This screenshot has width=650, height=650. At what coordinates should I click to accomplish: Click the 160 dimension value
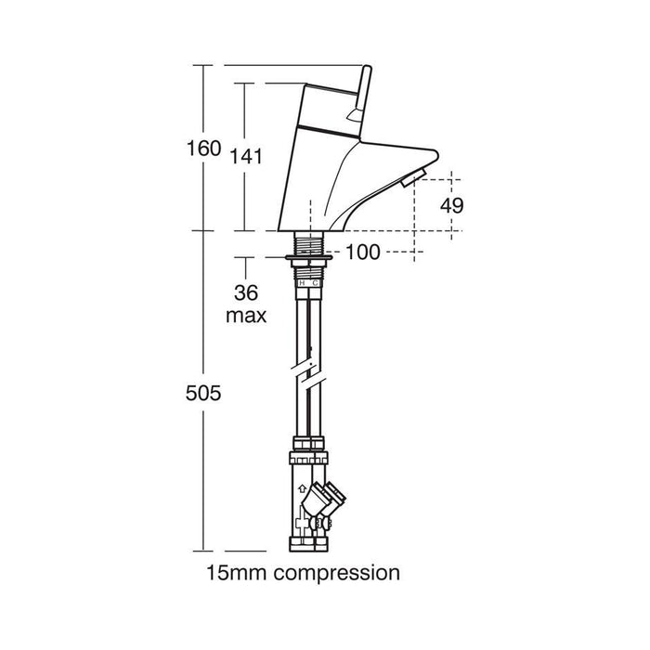204,148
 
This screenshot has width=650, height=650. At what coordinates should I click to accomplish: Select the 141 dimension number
246,156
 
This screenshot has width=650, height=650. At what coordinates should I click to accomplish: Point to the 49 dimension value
452,205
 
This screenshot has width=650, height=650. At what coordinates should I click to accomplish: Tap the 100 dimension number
362,252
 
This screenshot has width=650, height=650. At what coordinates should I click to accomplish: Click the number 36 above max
246,292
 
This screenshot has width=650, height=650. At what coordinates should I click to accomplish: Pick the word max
246,316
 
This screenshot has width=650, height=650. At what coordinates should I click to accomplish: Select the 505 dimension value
203,393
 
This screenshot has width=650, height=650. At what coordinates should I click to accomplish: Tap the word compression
337,574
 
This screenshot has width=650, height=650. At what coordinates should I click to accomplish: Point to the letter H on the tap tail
302,282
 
